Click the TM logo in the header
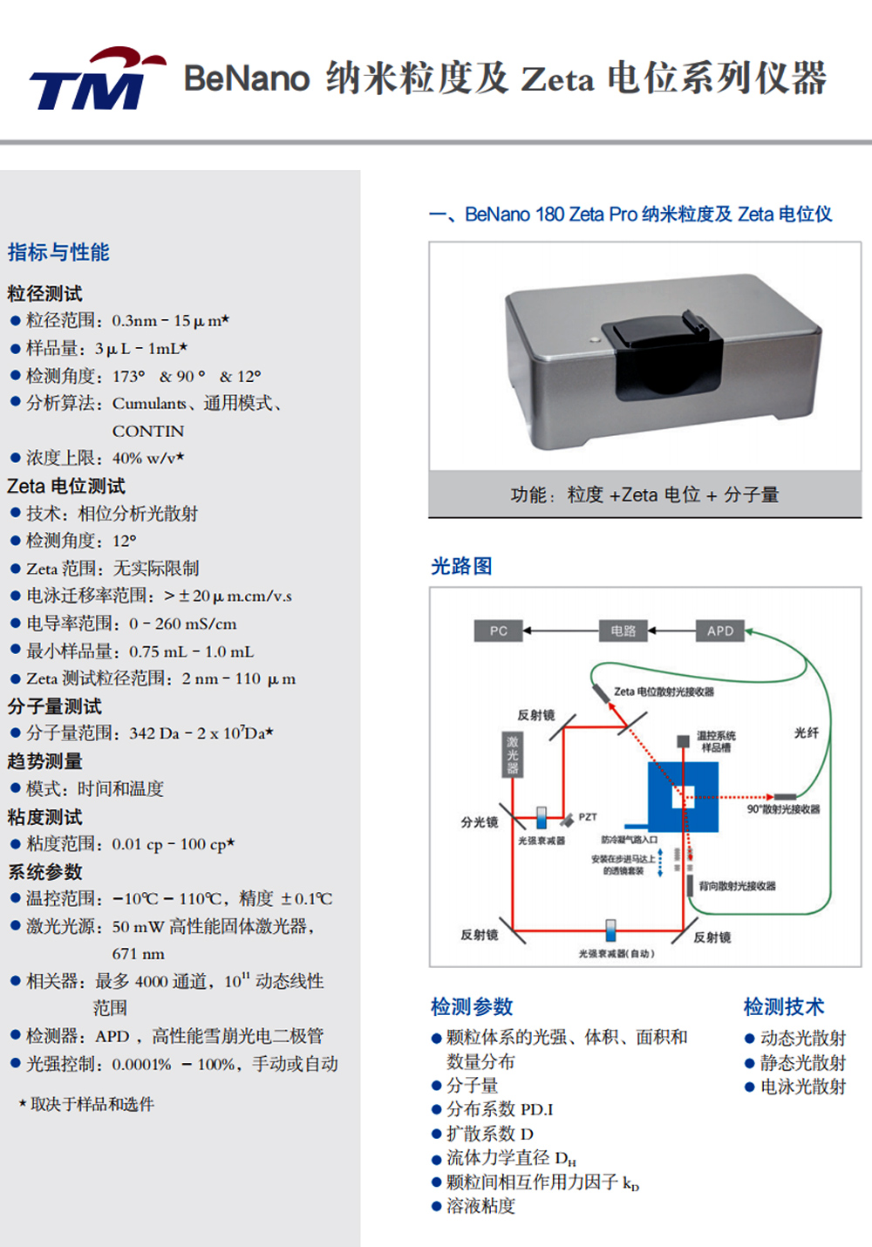tap(94, 80)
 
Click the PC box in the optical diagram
tap(498, 630)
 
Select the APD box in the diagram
tap(720, 630)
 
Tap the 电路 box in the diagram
tap(623, 630)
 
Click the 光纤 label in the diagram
tap(806, 733)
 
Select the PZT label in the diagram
tap(588, 817)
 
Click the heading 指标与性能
tap(58, 253)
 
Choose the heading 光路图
tap(461, 567)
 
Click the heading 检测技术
tap(783, 1007)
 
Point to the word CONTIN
tap(148, 431)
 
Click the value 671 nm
tap(138, 954)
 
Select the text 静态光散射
tap(802, 1062)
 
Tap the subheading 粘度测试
tap(44, 817)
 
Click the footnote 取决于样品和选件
tap(92, 1104)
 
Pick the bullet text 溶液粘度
tap(480, 1206)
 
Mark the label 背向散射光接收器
tap(737, 886)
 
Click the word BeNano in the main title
tap(247, 78)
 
